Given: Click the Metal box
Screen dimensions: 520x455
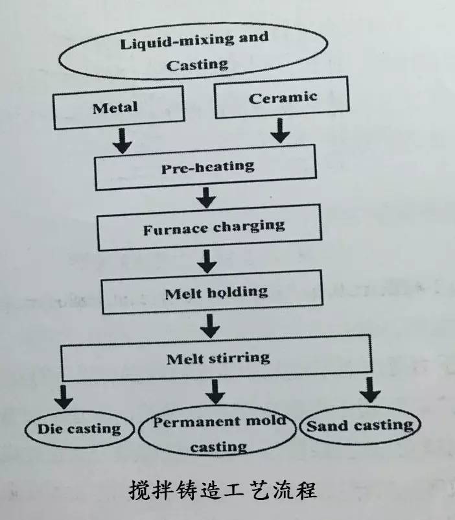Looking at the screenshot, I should click(x=115, y=107).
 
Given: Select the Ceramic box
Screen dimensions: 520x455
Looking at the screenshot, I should click(x=281, y=98).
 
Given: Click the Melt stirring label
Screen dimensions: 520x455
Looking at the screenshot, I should click(x=218, y=357).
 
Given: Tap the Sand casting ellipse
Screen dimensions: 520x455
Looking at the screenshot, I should click(x=360, y=425).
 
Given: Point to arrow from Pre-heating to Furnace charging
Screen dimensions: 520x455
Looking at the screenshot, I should click(x=207, y=196).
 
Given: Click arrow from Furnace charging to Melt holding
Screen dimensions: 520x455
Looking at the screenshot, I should click(x=207, y=260).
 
